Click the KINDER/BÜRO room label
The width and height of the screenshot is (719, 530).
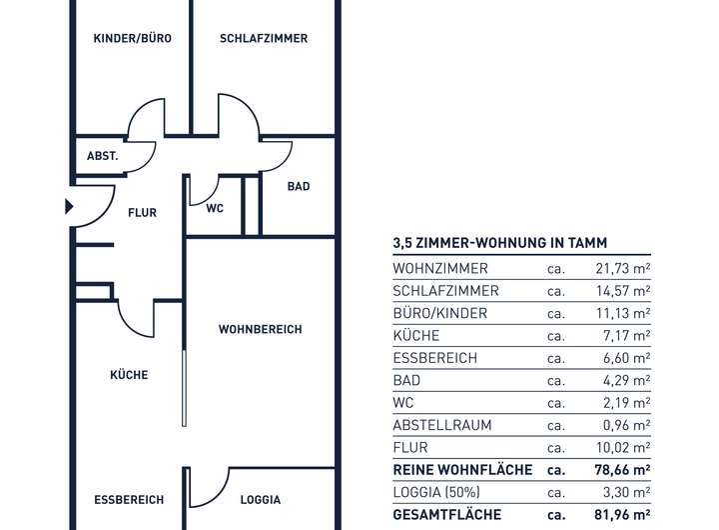point(132,39)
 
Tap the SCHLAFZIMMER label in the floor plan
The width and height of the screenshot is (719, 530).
point(264,39)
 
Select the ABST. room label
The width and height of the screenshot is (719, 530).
point(103,156)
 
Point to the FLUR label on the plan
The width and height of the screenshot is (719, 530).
point(142,212)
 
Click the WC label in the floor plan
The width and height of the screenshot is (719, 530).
point(215,209)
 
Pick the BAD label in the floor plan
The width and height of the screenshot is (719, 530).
point(298,187)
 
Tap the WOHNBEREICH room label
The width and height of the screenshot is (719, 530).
point(260,329)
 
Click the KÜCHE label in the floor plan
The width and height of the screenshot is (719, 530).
point(129,375)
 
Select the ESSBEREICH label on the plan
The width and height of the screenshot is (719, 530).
point(129,500)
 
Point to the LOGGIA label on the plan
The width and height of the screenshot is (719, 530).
point(261,500)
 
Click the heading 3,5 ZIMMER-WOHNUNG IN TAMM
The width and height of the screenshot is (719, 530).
point(500,243)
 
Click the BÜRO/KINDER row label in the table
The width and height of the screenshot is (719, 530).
point(440,313)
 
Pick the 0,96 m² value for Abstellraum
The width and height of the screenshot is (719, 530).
point(623,425)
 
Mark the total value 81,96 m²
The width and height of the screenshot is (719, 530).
point(619,515)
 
